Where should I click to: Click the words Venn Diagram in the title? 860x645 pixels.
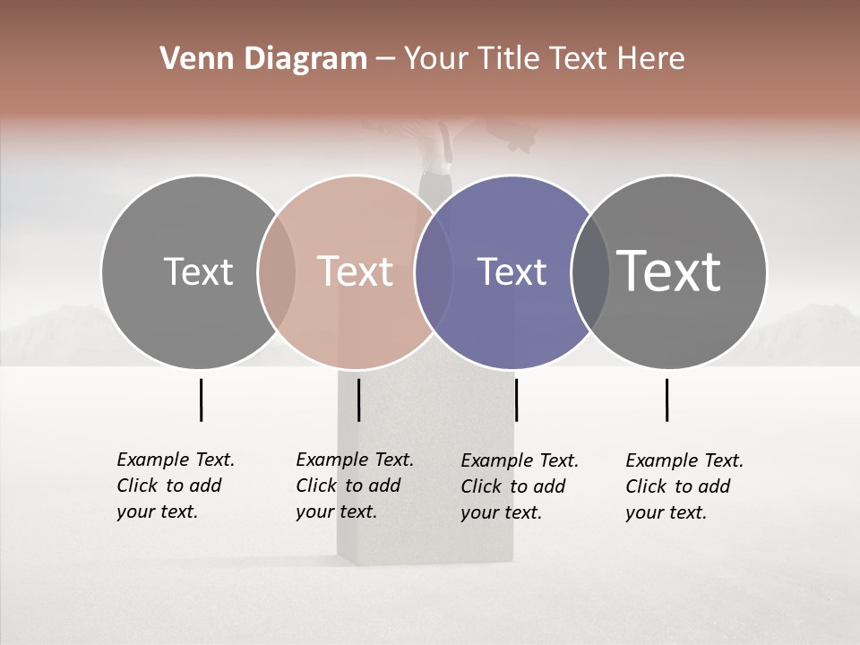click(263, 59)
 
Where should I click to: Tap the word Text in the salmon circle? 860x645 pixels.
click(356, 271)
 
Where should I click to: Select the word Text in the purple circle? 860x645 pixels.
click(512, 271)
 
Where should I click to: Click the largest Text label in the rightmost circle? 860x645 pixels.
click(669, 271)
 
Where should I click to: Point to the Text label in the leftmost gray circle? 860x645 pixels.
click(198, 271)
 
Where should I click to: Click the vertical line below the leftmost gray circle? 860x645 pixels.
click(201, 400)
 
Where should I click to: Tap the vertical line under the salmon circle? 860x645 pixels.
click(358, 400)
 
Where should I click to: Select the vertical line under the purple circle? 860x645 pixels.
click(516, 400)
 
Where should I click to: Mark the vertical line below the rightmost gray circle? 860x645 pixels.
click(666, 400)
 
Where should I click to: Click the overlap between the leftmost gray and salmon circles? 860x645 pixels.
click(277, 271)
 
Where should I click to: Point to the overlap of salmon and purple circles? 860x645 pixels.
click(434, 271)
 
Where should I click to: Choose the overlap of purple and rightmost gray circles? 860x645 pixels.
click(590, 271)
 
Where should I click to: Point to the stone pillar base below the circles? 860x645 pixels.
click(425, 502)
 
